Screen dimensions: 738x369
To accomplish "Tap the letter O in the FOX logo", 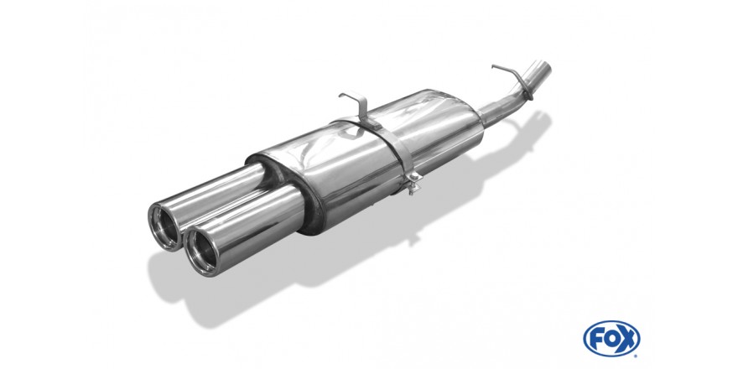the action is [x=611, y=339].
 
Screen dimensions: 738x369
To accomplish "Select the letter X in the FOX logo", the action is [x=627, y=339].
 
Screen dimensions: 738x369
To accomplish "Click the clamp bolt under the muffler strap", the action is [x=414, y=183].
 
